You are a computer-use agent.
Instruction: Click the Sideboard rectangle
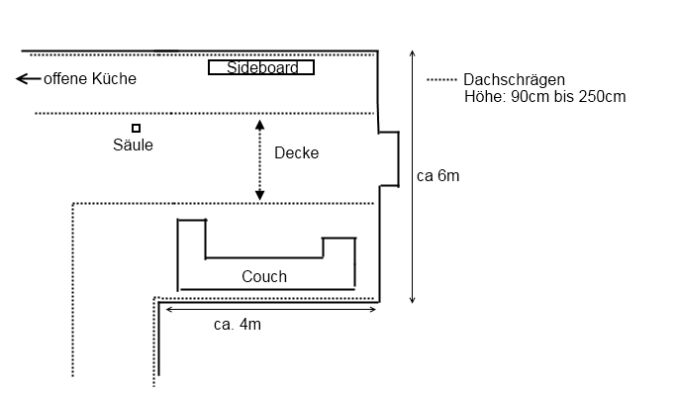[x=261, y=60]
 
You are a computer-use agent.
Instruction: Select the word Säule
[x=133, y=145]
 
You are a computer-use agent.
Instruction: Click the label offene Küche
[x=90, y=79]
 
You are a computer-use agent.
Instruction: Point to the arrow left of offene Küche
[x=28, y=79]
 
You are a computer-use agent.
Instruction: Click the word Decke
[x=297, y=152]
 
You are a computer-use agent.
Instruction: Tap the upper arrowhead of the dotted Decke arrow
[x=259, y=125]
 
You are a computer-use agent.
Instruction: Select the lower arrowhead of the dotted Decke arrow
[x=259, y=195]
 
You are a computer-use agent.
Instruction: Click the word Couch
[x=264, y=276]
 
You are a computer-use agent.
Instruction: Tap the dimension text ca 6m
[x=438, y=176]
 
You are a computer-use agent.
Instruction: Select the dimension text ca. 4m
[x=238, y=325]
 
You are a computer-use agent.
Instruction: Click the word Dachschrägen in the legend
[x=514, y=79]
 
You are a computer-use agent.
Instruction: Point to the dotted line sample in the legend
[x=441, y=79]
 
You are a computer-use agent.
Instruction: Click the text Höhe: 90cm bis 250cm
[x=544, y=96]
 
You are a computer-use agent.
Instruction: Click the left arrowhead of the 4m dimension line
[x=169, y=309]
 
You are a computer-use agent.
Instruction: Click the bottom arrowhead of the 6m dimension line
[x=412, y=300]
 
